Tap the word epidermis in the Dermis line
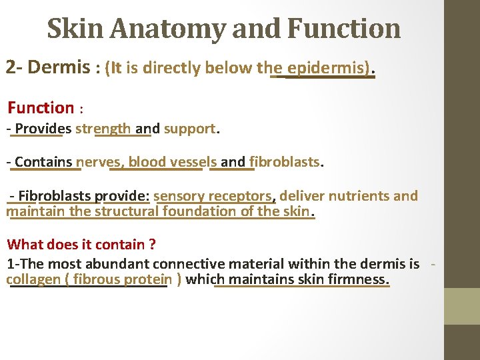(323, 67)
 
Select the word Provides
(43, 128)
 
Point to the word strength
(103, 128)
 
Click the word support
(190, 128)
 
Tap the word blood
(147, 161)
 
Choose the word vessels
(193, 161)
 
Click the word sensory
(179, 196)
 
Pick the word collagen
(33, 279)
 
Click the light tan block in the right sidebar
(461, 306)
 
